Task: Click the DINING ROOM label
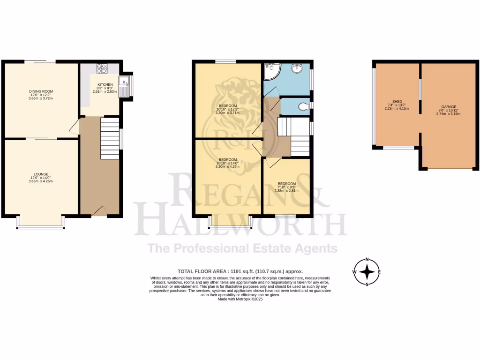(x=41, y=91)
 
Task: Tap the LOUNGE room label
(x=41, y=174)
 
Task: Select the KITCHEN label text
(x=105, y=84)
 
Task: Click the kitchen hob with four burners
(x=102, y=68)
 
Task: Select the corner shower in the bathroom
(x=271, y=72)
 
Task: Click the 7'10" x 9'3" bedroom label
(x=286, y=184)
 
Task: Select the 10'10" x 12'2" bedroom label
(x=227, y=105)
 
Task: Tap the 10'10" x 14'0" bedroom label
(x=227, y=159)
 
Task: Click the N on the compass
(x=367, y=259)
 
